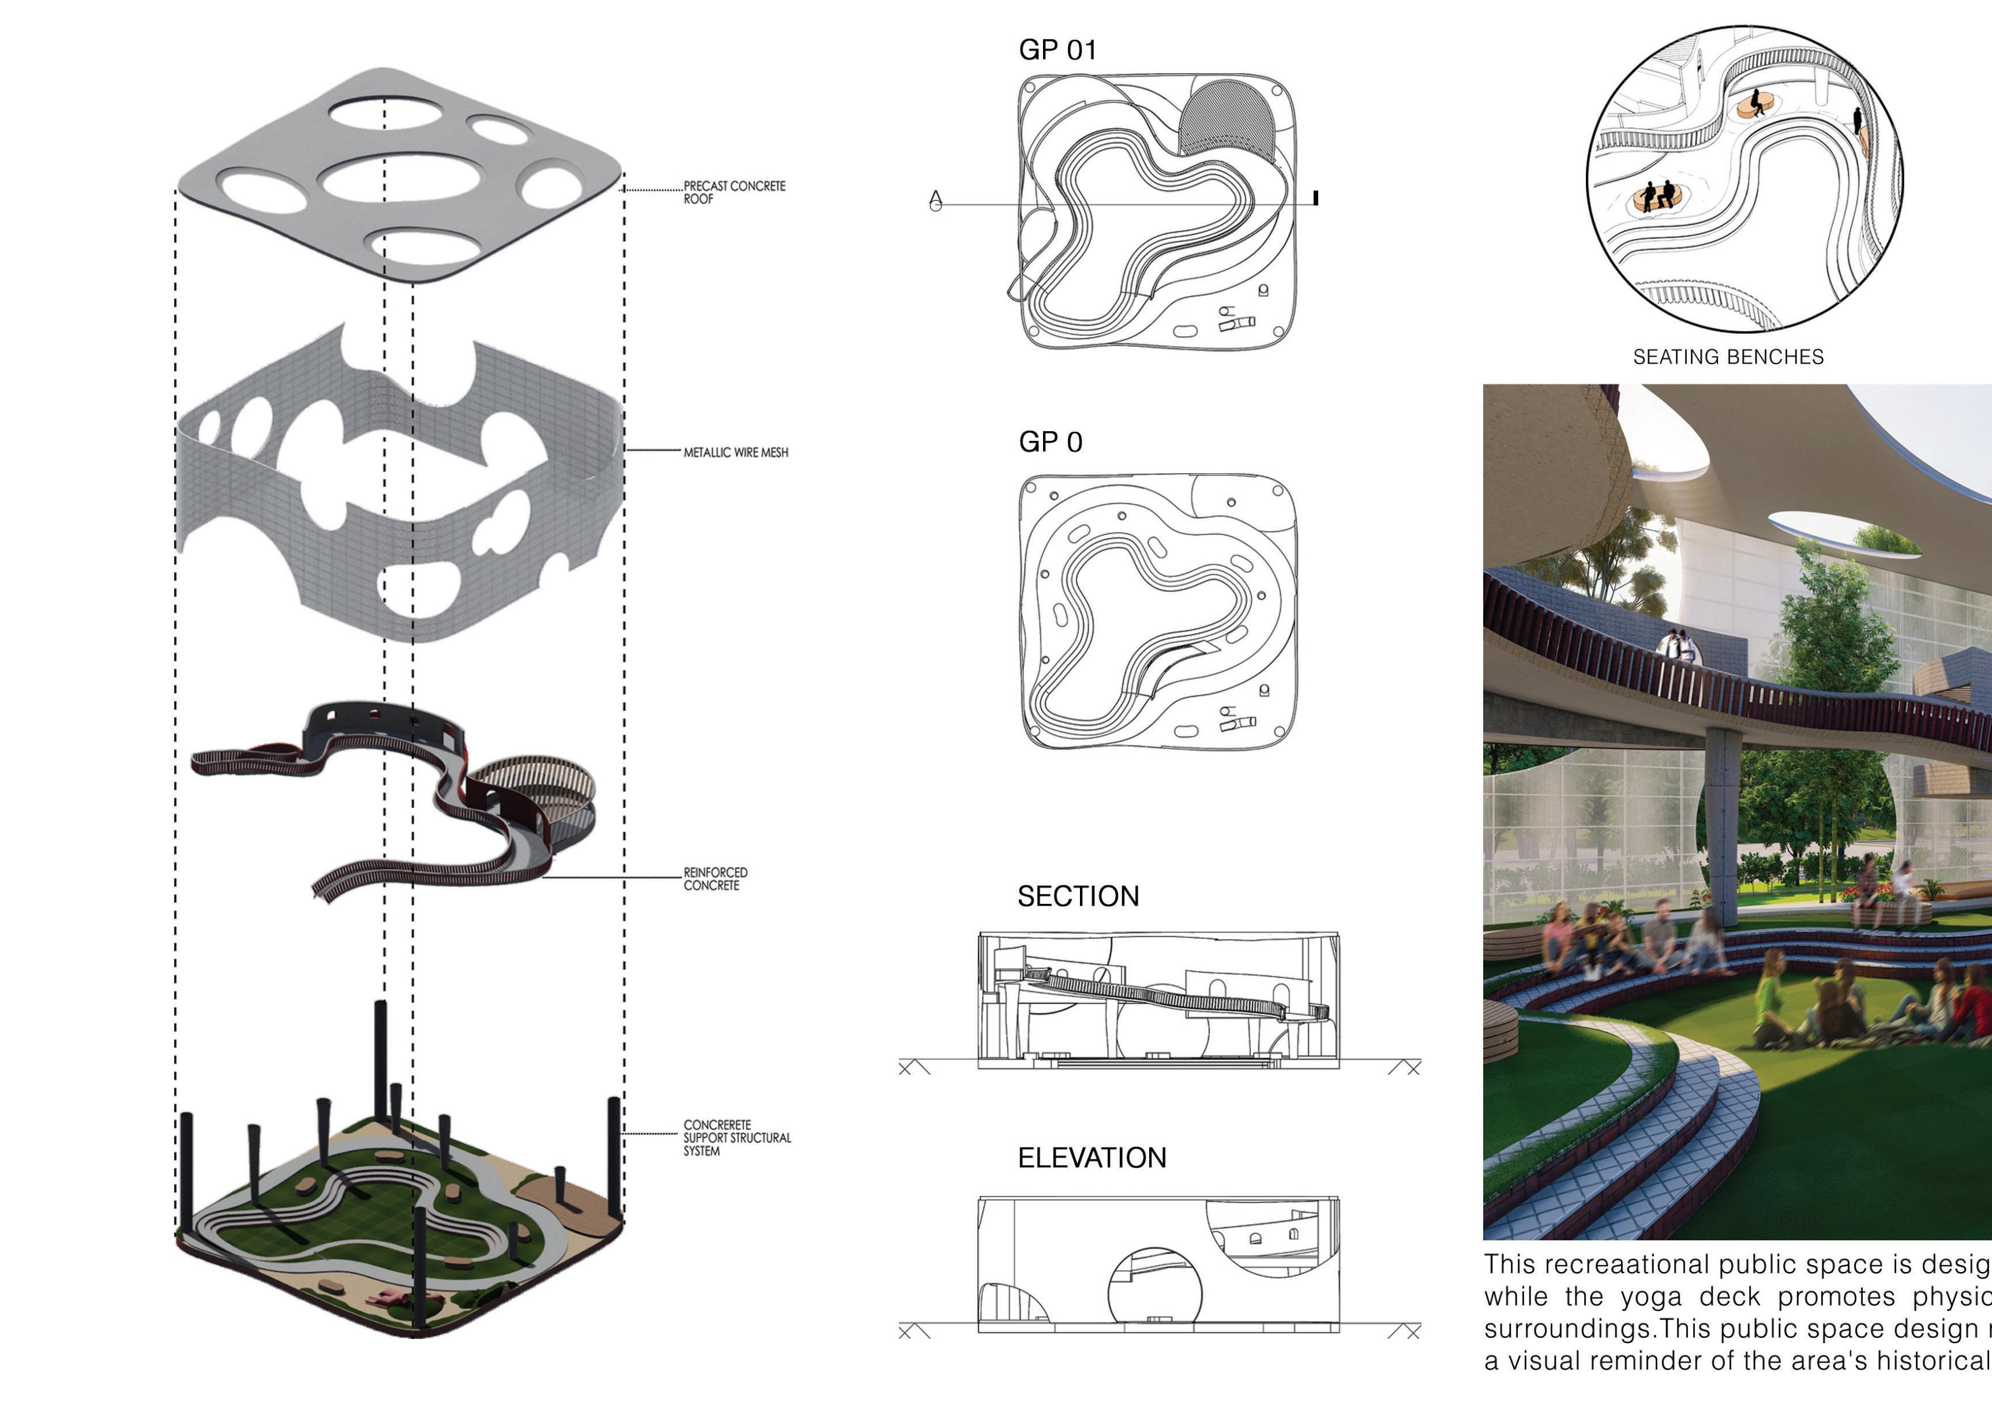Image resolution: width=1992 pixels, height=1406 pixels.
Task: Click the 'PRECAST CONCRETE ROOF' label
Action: (734, 192)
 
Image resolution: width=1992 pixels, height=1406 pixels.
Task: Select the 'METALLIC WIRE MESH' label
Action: (736, 452)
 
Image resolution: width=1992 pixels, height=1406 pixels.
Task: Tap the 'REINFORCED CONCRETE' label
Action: (715, 878)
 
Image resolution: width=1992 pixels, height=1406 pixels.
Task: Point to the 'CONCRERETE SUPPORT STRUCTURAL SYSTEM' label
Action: (737, 1137)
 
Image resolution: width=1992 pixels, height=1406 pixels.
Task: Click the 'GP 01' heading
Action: (1057, 50)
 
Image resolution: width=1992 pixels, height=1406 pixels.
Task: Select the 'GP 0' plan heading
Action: (1050, 442)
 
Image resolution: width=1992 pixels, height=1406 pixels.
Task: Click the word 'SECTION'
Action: (1078, 896)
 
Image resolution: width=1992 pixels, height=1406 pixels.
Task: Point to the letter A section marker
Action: (935, 200)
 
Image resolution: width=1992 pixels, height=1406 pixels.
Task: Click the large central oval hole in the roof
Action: (400, 180)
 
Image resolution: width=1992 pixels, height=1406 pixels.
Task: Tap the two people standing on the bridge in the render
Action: (1678, 646)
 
